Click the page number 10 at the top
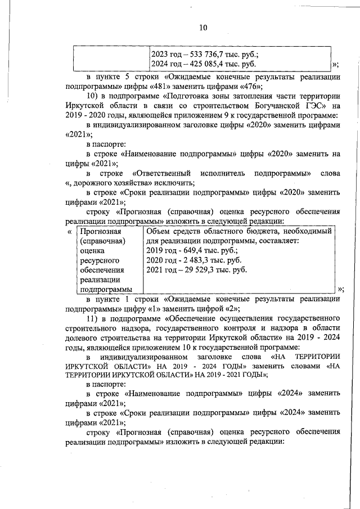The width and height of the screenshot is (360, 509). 203,28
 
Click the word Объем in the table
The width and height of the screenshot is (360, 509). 158,231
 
